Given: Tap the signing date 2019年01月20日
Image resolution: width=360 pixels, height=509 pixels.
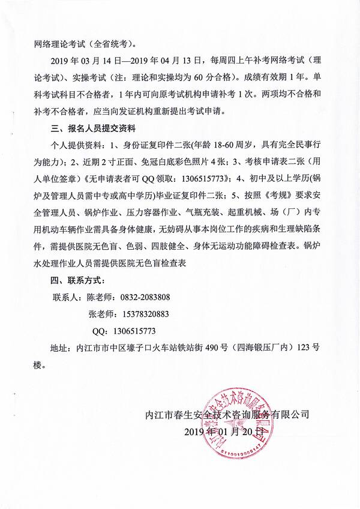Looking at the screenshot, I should point(224,432).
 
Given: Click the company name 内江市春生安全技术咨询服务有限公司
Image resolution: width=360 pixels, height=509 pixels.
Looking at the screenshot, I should point(227,414).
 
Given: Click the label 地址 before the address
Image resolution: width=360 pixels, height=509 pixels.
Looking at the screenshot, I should point(58,347).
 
